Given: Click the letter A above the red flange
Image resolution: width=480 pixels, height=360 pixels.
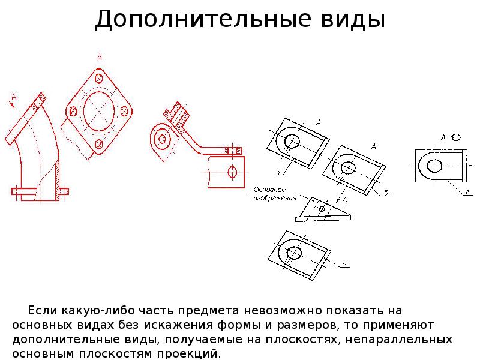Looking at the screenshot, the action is (x=99, y=58).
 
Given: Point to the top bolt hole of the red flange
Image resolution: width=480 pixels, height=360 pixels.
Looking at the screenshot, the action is (x=99, y=79).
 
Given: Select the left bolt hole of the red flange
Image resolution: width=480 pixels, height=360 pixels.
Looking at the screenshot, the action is (x=73, y=111).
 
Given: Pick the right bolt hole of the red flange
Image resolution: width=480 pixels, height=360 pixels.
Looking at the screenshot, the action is (x=125, y=110).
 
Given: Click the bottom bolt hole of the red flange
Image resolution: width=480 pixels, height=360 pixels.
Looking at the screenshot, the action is (x=98, y=143).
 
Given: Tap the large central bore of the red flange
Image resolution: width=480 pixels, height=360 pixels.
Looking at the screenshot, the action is (x=99, y=110).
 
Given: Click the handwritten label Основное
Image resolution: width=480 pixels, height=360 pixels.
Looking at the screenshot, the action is (x=268, y=190).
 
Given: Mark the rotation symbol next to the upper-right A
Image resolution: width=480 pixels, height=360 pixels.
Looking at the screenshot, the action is (x=456, y=137).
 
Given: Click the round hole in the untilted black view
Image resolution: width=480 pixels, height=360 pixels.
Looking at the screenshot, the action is (x=434, y=165).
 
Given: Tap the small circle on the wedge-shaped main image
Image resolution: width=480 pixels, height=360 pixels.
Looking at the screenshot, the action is (x=322, y=209).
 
